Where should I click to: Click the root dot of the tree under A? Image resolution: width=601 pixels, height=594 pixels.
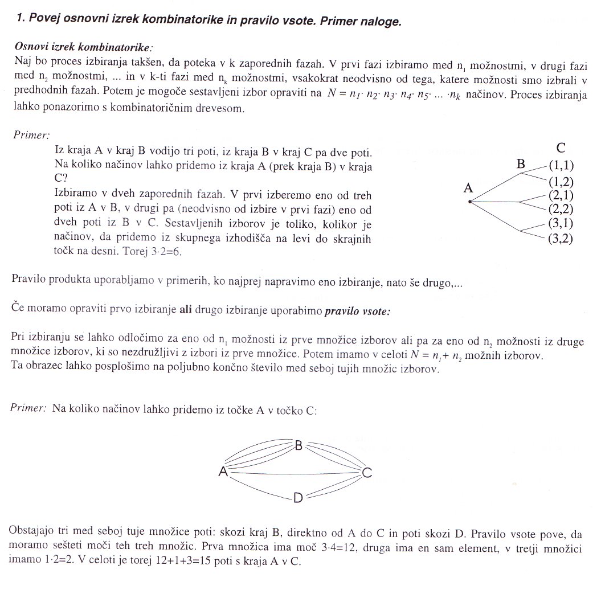469,202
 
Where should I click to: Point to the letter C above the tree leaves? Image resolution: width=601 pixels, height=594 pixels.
561,148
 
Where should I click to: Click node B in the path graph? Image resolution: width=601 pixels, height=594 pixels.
298,445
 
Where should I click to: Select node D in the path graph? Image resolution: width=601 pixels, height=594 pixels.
297,498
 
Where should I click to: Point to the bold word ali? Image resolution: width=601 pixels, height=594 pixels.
186,310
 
